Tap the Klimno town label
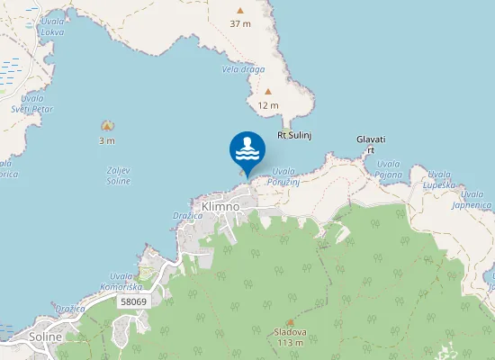(220, 206)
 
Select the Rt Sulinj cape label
(293, 135)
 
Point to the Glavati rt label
(371, 144)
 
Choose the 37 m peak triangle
(239, 11)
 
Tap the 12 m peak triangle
(268, 92)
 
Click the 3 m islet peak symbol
(107, 126)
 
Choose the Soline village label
(45, 337)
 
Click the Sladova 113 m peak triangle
(290, 321)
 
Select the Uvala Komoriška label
(124, 280)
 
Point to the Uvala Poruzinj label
(283, 175)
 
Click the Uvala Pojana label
(389, 168)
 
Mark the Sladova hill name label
(290, 332)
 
